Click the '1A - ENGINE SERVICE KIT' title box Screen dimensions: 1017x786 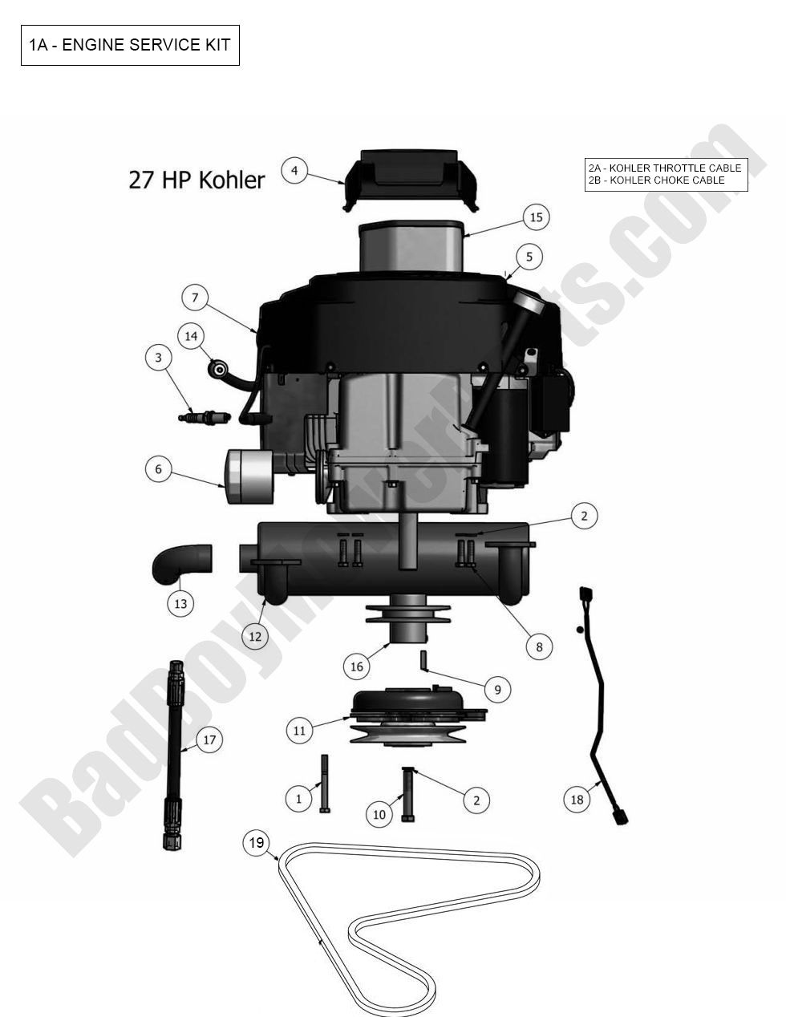[x=130, y=45]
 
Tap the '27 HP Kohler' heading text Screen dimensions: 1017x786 [x=196, y=180]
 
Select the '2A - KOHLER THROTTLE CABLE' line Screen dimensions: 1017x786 [x=665, y=168]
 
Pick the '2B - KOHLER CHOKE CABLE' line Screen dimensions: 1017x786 [x=656, y=180]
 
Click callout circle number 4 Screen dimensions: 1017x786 [x=294, y=171]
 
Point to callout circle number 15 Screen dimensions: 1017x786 [x=536, y=217]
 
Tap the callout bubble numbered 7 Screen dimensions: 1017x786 [x=195, y=298]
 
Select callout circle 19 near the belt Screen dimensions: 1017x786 [x=256, y=843]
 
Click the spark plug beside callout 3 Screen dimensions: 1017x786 [x=204, y=416]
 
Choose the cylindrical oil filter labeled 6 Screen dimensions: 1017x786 [x=249, y=476]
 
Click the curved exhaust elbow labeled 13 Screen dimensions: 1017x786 [x=181, y=562]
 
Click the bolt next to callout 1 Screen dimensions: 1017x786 [x=324, y=784]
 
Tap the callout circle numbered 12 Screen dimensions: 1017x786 [x=255, y=637]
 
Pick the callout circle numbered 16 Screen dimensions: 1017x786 [x=357, y=666]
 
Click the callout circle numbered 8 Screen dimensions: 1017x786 [x=539, y=646]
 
